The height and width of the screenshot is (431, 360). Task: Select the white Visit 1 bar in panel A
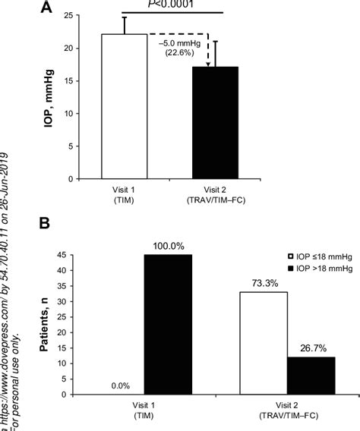(x=124, y=106)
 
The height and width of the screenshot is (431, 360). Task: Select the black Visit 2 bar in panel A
(x=216, y=123)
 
